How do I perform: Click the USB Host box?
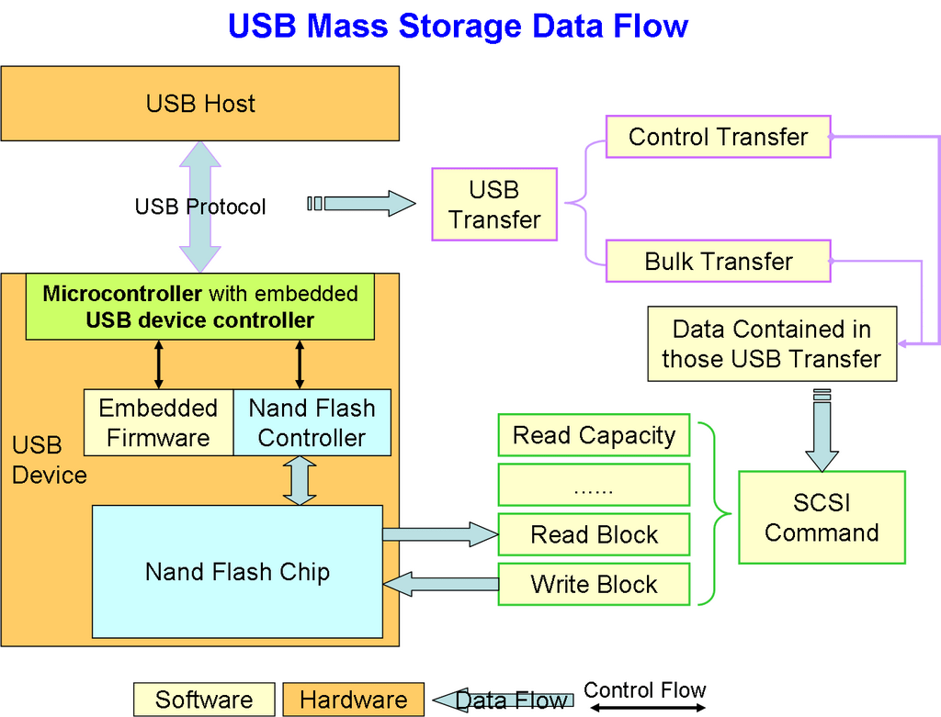[x=199, y=103]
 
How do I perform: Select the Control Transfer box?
[x=718, y=138]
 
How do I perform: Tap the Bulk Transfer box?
[x=718, y=262]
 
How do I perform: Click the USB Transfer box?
[x=494, y=205]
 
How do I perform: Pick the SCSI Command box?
[x=822, y=518]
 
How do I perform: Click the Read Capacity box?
[x=594, y=435]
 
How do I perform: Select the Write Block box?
[x=594, y=585]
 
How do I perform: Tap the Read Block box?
[x=594, y=535]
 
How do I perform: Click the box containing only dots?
[x=594, y=485]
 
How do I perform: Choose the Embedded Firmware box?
[x=158, y=423]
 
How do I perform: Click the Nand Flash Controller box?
[x=312, y=423]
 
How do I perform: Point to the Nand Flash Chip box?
[x=237, y=572]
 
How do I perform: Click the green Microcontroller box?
[x=199, y=307]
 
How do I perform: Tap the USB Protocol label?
[x=199, y=207]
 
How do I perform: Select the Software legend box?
[x=204, y=700]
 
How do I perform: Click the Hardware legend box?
[x=353, y=700]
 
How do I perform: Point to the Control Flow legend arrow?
[x=646, y=708]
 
